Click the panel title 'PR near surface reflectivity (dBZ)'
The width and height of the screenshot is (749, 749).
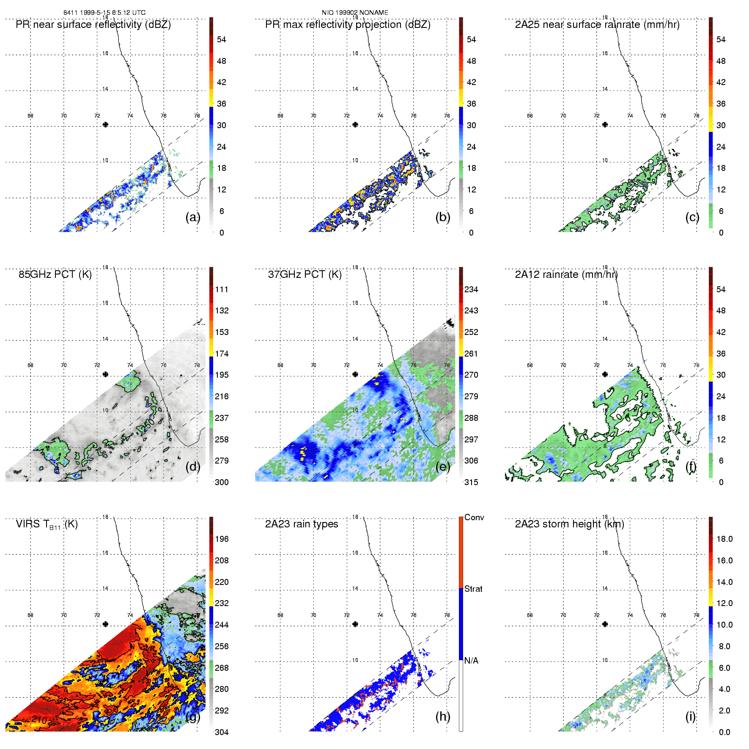coord(93,25)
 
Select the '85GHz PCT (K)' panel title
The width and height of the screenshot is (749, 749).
coord(55,274)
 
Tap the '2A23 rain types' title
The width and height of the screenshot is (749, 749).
coord(302,524)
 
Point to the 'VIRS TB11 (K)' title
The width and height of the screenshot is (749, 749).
coord(47,524)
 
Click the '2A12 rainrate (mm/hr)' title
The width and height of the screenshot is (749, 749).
coord(566,274)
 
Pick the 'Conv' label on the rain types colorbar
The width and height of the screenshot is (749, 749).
coord(474,517)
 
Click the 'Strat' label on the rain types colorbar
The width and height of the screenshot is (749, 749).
coord(473,589)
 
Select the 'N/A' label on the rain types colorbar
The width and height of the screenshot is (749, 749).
coord(471,661)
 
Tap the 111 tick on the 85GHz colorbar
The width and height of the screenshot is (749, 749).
coord(222,289)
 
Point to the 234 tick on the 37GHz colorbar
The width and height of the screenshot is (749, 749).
coord(471,289)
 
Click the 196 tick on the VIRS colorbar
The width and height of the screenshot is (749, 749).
coord(222,539)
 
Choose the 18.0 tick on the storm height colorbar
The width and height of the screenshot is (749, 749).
coord(724,539)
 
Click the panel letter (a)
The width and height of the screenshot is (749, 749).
coord(193,217)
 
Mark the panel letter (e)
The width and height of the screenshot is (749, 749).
coord(443,466)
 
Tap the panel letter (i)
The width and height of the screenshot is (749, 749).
coord(691,716)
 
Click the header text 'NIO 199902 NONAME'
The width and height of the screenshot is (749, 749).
coord(355,13)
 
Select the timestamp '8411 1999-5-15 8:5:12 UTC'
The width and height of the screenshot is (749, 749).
coord(104,13)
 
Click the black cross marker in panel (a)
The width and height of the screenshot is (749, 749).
coord(105,124)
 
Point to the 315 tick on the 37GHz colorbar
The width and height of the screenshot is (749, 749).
coord(471,482)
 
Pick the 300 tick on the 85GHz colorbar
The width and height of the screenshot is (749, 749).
coord(222,482)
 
